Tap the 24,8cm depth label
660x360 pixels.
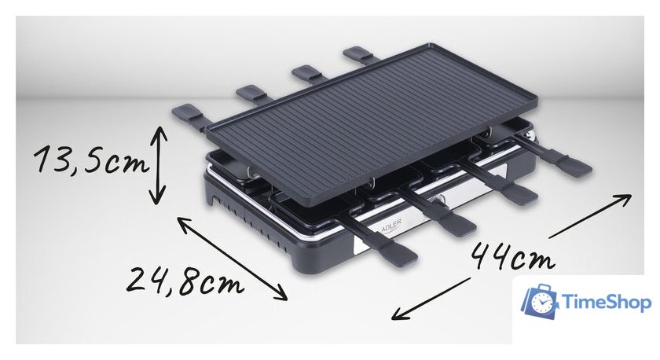coord(185,280)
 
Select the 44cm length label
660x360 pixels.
coord(512,255)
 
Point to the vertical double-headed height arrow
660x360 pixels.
coord(159,165)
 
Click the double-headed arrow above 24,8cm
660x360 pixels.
coord(232,259)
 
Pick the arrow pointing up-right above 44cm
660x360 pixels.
coord(590,215)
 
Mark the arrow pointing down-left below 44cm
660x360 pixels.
coord(431,298)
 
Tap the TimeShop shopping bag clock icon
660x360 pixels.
coord(539,300)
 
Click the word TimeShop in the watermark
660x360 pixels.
coord(607,302)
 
